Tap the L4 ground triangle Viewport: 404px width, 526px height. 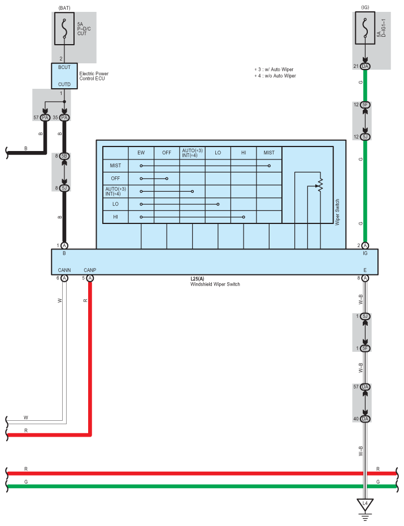[x=365, y=503]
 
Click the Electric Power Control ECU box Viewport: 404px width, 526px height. [x=64, y=76]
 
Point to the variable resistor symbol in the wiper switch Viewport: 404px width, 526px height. [x=319, y=185]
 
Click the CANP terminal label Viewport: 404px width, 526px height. [x=90, y=270]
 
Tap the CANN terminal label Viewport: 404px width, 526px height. [x=64, y=270]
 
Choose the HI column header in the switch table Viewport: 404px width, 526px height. [x=244, y=153]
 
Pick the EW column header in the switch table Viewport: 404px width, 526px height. [x=141, y=153]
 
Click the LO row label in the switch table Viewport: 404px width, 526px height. [x=116, y=204]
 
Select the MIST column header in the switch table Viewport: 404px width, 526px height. [x=269, y=153]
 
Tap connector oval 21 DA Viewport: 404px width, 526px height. [x=365, y=67]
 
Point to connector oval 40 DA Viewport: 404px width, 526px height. [x=365, y=419]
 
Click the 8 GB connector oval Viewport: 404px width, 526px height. [x=64, y=156]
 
